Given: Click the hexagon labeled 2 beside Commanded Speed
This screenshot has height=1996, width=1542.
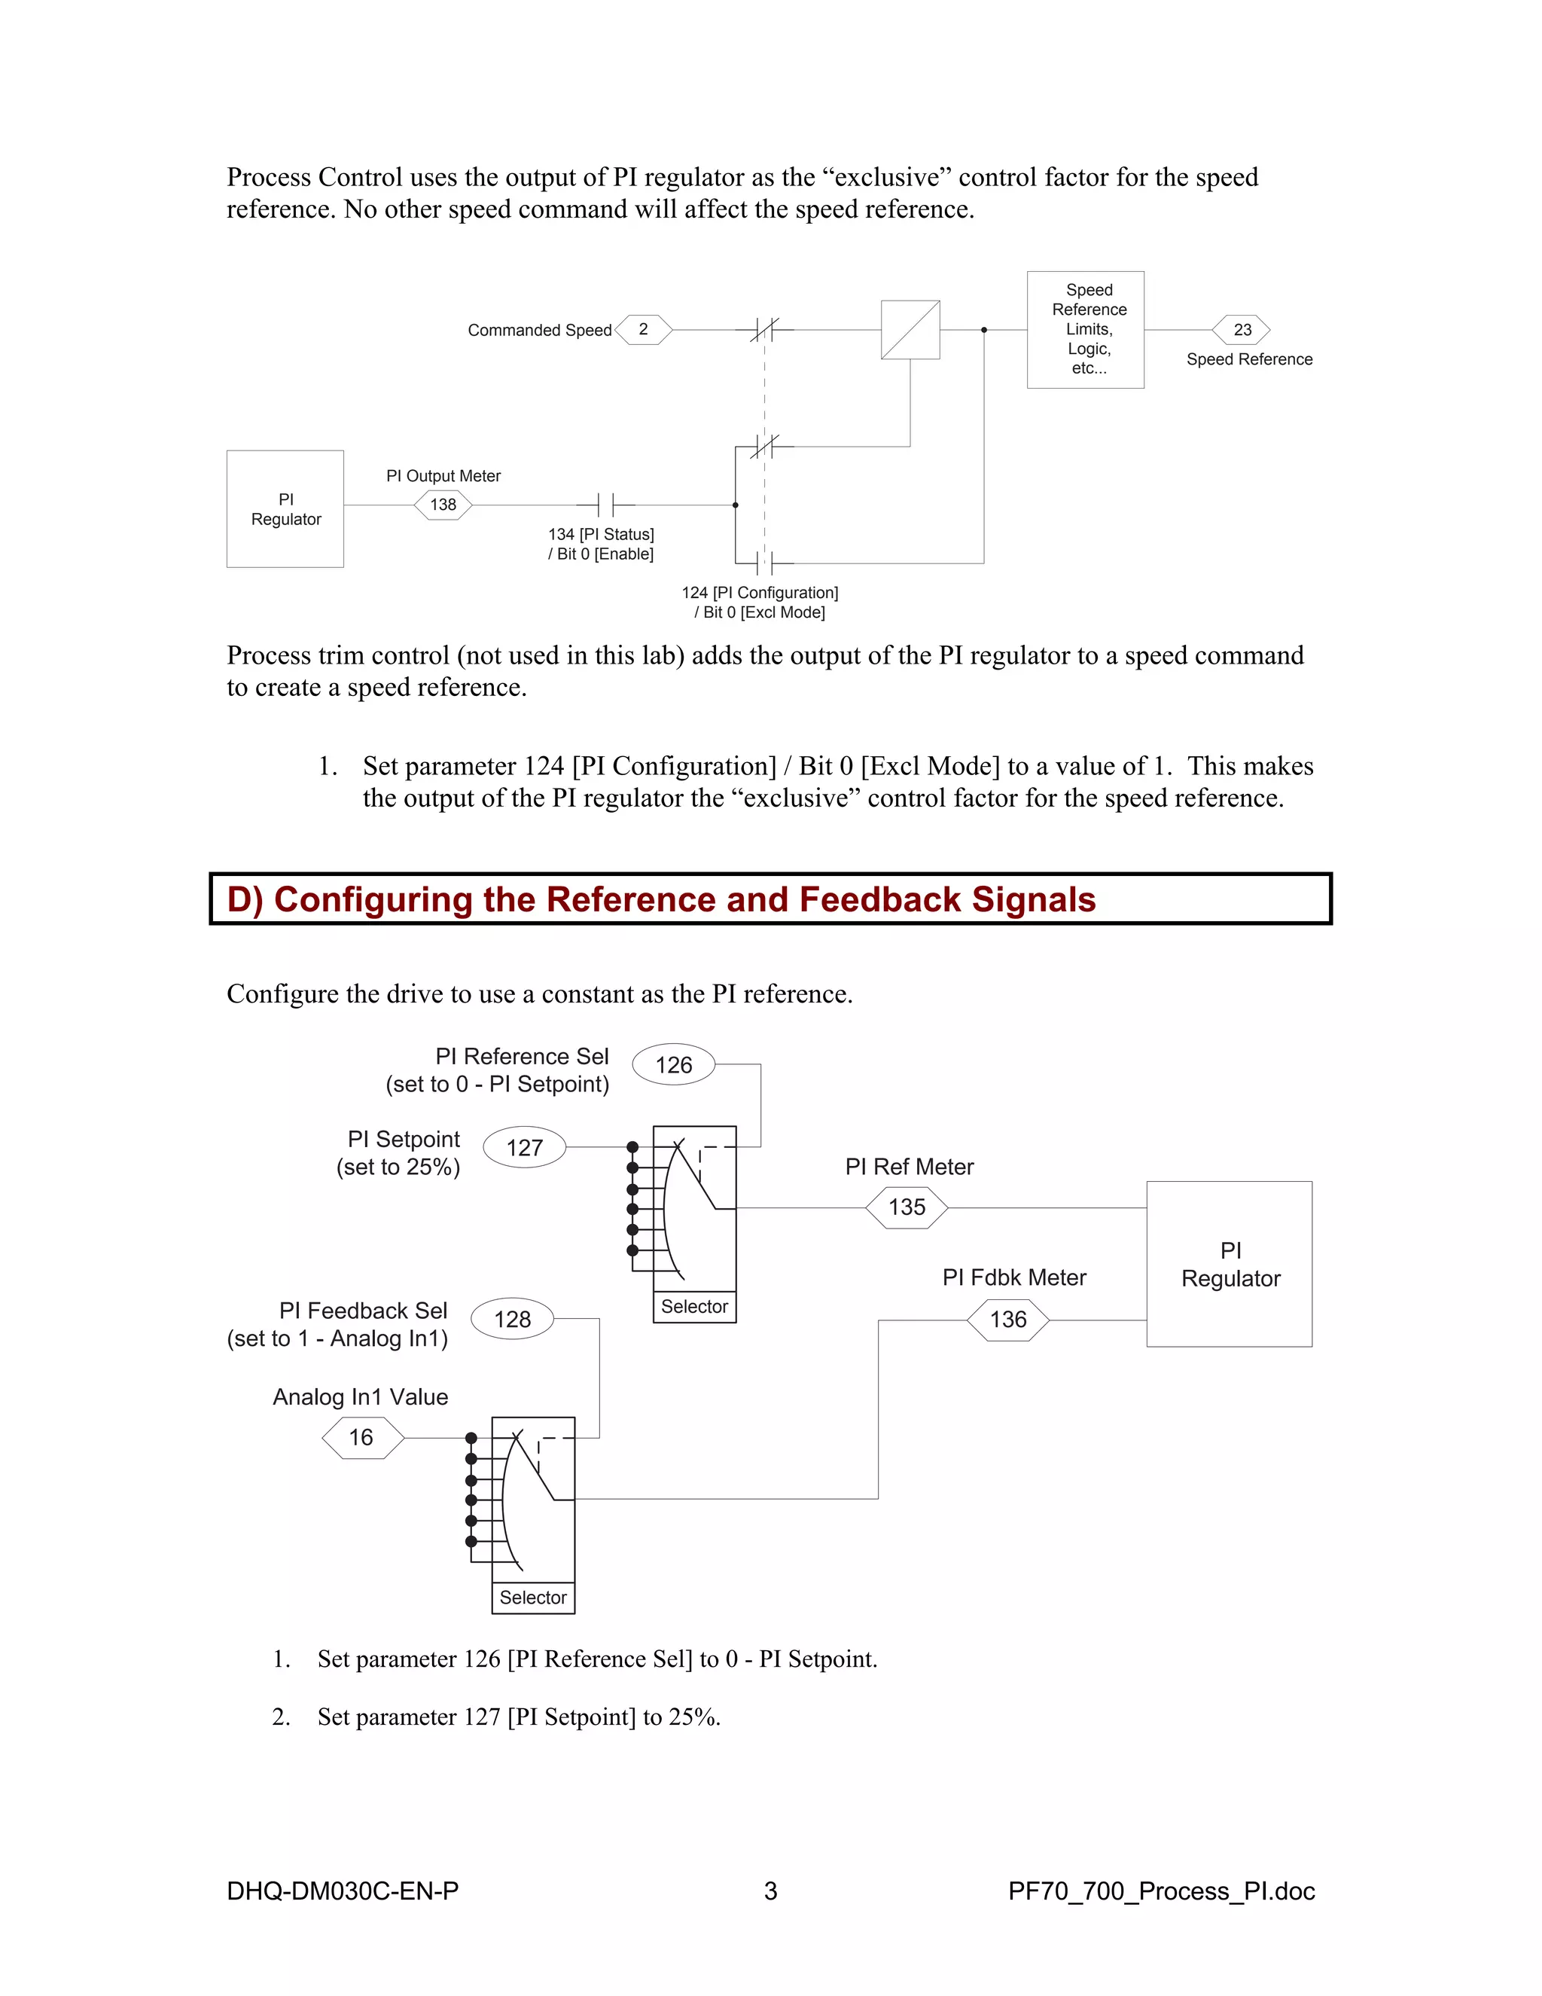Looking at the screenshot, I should click(x=644, y=330).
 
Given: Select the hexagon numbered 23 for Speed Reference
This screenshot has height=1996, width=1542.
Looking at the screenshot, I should click(x=1242, y=330).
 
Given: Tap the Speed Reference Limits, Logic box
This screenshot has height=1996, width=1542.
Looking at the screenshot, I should click(x=1085, y=330).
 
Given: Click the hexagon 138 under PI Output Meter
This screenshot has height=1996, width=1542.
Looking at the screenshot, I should click(x=443, y=505).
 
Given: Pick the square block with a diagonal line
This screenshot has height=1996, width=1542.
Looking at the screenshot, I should click(x=910, y=330).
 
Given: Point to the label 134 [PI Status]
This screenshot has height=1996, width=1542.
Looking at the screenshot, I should click(x=601, y=535).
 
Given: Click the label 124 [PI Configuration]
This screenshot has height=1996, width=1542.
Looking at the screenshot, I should click(x=760, y=593).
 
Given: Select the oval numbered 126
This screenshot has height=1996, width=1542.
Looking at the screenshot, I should click(x=674, y=1065).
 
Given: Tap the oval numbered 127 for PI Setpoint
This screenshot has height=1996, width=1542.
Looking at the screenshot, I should click(x=524, y=1148).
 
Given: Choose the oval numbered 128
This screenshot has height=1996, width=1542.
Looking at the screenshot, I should click(x=513, y=1319).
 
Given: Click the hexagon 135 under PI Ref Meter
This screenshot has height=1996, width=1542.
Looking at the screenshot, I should click(x=907, y=1207).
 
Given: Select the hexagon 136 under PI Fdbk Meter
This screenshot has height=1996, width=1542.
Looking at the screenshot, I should click(x=1008, y=1320).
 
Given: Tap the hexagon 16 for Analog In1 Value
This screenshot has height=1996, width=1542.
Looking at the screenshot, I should click(x=361, y=1438).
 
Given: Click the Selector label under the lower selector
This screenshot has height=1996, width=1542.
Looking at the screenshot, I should click(x=534, y=1598).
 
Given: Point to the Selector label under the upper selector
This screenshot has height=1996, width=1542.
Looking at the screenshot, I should click(x=694, y=1307).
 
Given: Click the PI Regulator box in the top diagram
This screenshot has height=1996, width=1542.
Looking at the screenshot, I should click(x=285, y=509).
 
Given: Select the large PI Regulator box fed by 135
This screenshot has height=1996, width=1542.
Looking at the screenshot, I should click(x=1230, y=1264).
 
